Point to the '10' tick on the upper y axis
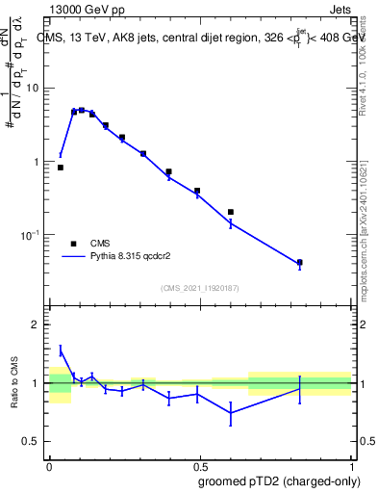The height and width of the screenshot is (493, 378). [x=36, y=89]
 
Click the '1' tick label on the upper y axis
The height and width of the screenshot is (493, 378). [x=39, y=162]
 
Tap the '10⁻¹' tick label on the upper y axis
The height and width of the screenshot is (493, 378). [x=34, y=235]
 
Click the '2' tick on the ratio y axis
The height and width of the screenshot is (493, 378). [x=39, y=325]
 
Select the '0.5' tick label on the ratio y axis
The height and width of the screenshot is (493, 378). [x=35, y=441]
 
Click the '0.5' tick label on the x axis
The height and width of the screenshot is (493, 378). [x=200, y=465]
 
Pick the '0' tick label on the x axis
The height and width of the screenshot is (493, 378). [x=49, y=465]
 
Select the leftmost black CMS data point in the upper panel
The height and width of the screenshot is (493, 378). [x=61, y=168]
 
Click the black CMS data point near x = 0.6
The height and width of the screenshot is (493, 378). [x=231, y=212]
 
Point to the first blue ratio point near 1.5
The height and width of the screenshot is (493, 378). [x=61, y=350]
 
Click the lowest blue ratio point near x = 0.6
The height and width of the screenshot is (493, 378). [x=231, y=413]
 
